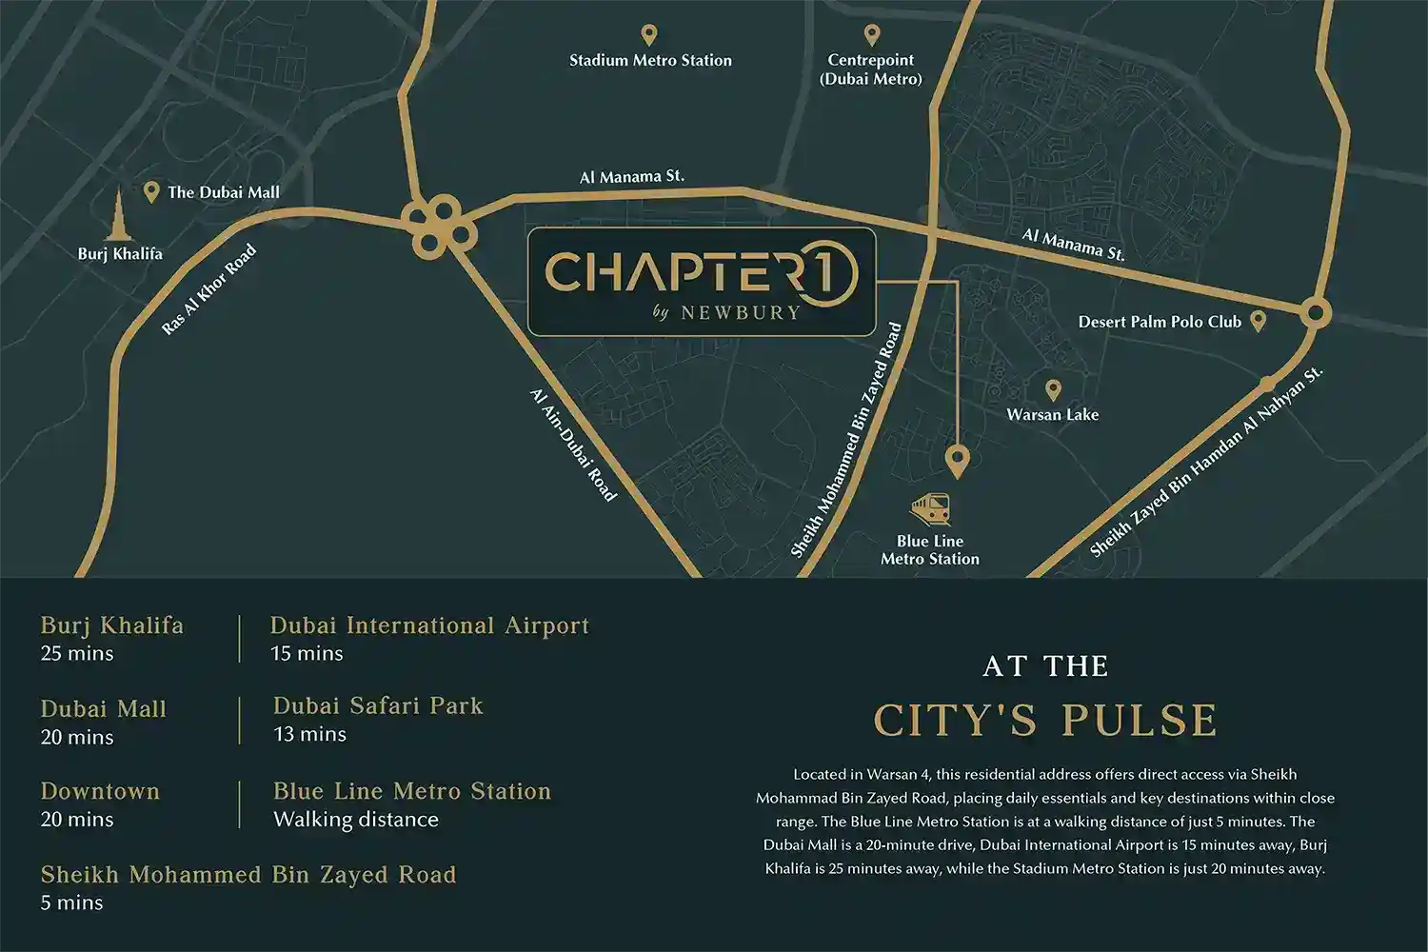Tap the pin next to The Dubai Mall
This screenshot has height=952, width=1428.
(x=150, y=192)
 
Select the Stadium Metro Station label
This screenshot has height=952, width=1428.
(x=650, y=60)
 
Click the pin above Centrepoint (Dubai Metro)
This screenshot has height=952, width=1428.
(x=871, y=35)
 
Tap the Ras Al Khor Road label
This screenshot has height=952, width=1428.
(x=209, y=289)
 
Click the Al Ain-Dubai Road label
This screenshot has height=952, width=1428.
(x=574, y=444)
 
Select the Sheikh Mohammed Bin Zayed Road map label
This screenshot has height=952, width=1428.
(x=846, y=440)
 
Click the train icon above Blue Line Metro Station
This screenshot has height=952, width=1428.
(x=930, y=508)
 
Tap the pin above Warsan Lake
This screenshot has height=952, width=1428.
(x=1053, y=389)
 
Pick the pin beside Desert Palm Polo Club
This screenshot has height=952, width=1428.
(x=1258, y=321)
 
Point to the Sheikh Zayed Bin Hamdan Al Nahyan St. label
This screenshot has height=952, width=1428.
(x=1206, y=463)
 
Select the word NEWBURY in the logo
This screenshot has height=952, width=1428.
(x=741, y=312)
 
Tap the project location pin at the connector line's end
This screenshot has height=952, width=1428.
(x=957, y=461)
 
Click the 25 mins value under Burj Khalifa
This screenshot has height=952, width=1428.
(x=77, y=653)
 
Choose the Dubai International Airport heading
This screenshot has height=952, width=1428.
(x=429, y=625)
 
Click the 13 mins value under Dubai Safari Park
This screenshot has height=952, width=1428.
(x=309, y=734)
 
